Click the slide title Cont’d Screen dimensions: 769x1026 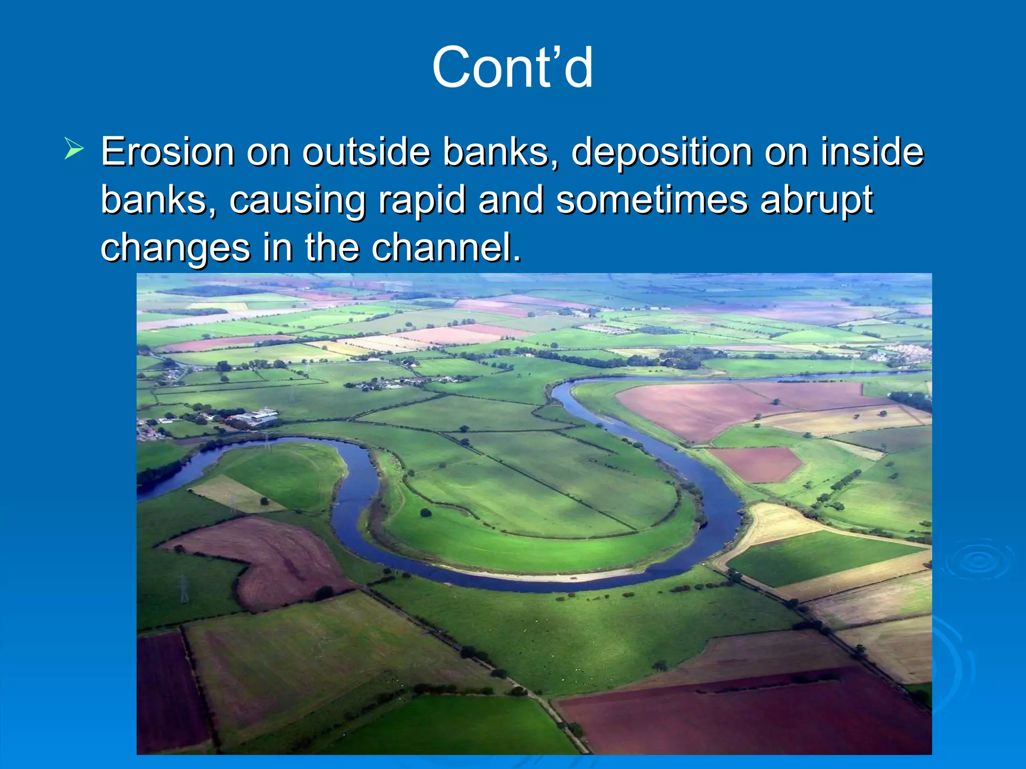(512, 68)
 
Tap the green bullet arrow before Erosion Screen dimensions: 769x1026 (74, 149)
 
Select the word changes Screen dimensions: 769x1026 (175, 247)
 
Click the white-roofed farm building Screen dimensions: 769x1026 (258, 416)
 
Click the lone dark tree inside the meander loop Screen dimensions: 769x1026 (426, 512)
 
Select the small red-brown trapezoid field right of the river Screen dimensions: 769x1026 (756, 463)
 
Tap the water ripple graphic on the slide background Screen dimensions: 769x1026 (977, 561)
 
